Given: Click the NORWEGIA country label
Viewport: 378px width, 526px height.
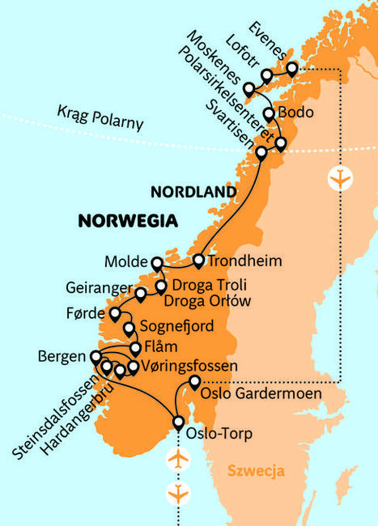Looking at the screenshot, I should tap(128, 221).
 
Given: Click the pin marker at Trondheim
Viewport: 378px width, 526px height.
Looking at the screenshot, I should tap(198, 260).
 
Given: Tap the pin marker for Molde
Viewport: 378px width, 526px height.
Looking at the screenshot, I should tap(157, 261).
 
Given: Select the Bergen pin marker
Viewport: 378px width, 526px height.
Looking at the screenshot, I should tap(96, 356).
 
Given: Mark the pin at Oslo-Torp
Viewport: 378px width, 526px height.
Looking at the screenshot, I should tap(179, 421).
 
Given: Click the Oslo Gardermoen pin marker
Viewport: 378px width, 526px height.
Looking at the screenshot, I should tap(194, 381).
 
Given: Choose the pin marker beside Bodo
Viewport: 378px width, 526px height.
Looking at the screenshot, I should tap(269, 112).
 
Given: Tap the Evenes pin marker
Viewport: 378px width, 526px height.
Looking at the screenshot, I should tap(291, 67).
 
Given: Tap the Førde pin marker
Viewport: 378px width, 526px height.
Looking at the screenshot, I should tap(115, 312).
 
